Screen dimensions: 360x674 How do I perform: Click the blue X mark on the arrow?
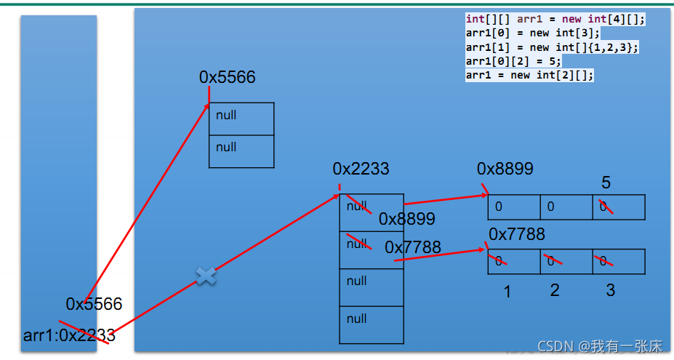point(206,276)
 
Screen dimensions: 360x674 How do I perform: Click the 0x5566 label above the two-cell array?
point(228,77)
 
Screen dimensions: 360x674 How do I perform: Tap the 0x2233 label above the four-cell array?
point(361,169)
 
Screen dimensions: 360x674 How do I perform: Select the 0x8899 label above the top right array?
point(505,169)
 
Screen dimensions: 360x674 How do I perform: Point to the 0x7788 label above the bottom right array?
point(516,234)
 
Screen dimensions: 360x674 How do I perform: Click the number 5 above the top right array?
point(606,182)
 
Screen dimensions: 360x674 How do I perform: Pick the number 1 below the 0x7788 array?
point(507,292)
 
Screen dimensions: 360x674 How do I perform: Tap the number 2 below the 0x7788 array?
point(555,290)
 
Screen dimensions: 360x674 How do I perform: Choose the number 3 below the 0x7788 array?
point(610,290)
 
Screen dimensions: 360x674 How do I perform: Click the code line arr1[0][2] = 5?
point(513,61)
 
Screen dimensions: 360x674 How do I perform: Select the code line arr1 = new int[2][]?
point(529,75)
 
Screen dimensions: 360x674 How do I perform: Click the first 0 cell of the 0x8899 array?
point(513,207)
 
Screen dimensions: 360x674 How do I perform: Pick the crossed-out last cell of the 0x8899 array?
point(619,207)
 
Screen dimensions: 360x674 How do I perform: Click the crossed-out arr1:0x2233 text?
point(69,335)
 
